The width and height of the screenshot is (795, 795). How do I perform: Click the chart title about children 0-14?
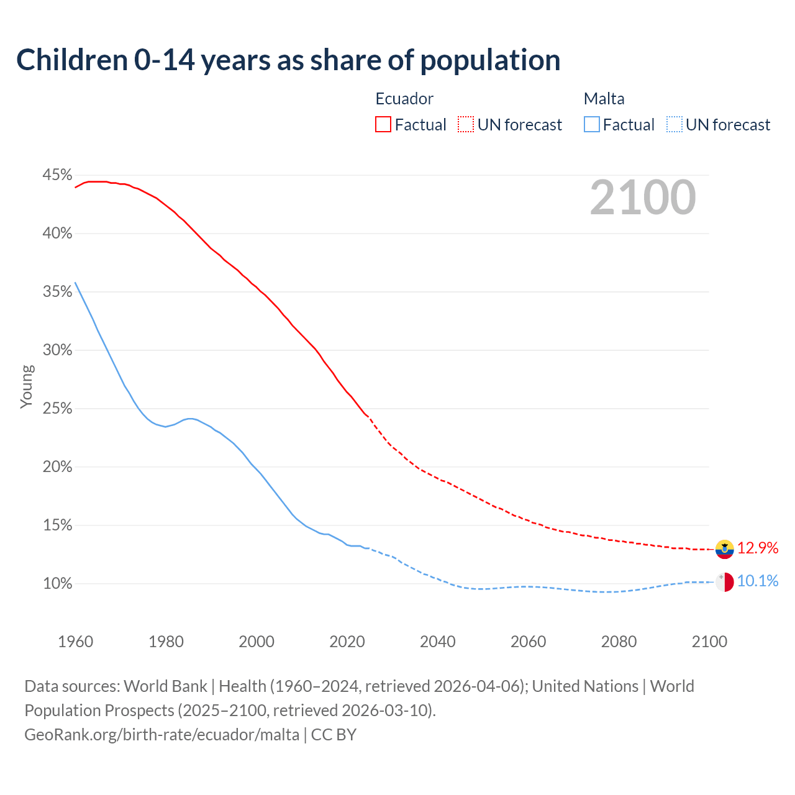pos(288,60)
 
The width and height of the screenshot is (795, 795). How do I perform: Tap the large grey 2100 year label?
pos(642,198)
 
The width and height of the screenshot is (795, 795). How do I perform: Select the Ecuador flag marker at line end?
pos(724,549)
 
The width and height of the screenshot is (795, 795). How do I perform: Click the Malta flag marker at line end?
pos(724,582)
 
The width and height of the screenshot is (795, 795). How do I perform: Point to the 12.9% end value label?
pos(758,548)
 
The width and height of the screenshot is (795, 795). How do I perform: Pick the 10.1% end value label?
pos(758,581)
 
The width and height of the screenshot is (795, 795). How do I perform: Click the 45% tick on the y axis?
pos(57,175)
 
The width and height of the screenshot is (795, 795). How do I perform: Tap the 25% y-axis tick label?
pos(57,409)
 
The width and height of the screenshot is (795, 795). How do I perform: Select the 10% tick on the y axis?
pos(57,584)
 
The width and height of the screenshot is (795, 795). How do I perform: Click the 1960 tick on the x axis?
pos(75,642)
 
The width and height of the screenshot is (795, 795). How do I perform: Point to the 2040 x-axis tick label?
pos(437,642)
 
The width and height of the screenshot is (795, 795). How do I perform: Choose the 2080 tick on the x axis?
pos(619,642)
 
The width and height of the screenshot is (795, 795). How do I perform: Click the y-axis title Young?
pos(26,386)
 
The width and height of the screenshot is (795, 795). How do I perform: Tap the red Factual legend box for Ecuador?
pos(383,125)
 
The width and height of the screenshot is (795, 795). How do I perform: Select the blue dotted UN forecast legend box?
pos(675,125)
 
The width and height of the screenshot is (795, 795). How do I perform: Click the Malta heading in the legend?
pos(604,99)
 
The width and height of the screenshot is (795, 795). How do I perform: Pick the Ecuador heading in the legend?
pos(404,99)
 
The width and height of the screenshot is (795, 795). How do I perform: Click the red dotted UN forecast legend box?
pos(466,125)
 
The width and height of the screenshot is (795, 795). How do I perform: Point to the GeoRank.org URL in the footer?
pos(161,735)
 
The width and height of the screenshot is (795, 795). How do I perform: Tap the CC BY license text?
pos(334,735)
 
